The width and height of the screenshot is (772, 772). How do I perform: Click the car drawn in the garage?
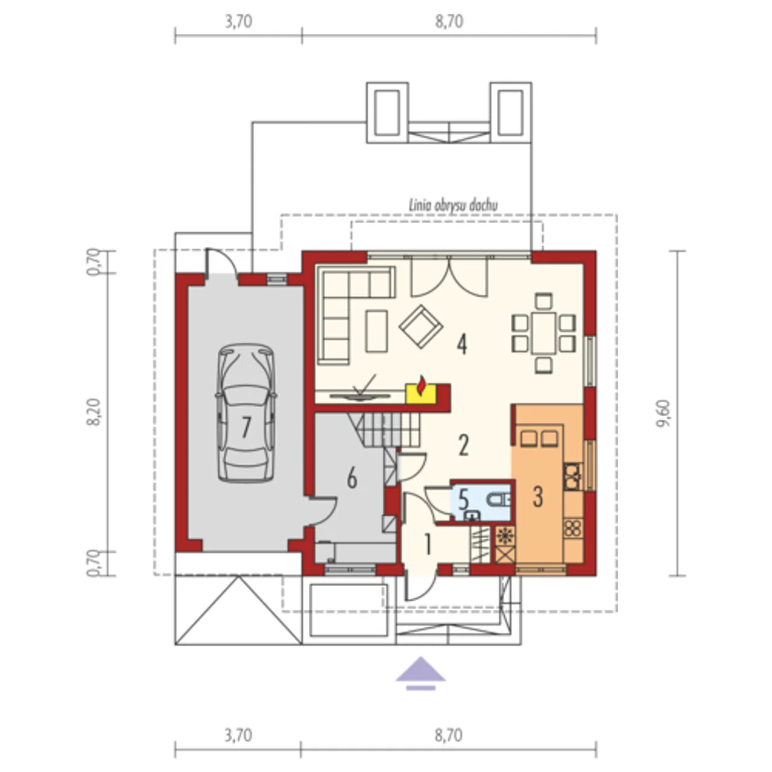(x=246, y=413)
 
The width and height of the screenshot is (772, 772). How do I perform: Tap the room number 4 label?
(x=463, y=345)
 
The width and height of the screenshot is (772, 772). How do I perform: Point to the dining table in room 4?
(x=543, y=334)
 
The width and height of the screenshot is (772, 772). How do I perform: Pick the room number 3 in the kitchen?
(x=537, y=496)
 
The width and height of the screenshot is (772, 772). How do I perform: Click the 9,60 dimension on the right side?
(x=663, y=414)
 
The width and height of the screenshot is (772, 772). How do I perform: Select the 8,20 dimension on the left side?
(x=95, y=412)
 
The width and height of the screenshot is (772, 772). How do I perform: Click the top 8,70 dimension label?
(x=449, y=22)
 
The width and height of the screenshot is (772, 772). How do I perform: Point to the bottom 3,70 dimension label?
(x=238, y=736)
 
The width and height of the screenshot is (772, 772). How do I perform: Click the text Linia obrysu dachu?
(x=453, y=206)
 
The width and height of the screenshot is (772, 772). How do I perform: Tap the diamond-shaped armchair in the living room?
(x=420, y=327)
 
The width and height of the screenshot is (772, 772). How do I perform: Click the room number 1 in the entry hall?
(x=428, y=545)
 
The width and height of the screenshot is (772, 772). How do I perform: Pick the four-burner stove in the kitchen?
(x=573, y=528)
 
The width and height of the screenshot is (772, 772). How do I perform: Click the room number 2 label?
(x=463, y=445)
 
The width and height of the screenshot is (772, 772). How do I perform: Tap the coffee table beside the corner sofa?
(x=376, y=331)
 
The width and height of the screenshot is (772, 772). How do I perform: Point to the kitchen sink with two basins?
(x=539, y=438)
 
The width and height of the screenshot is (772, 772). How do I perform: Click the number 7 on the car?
(x=245, y=427)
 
